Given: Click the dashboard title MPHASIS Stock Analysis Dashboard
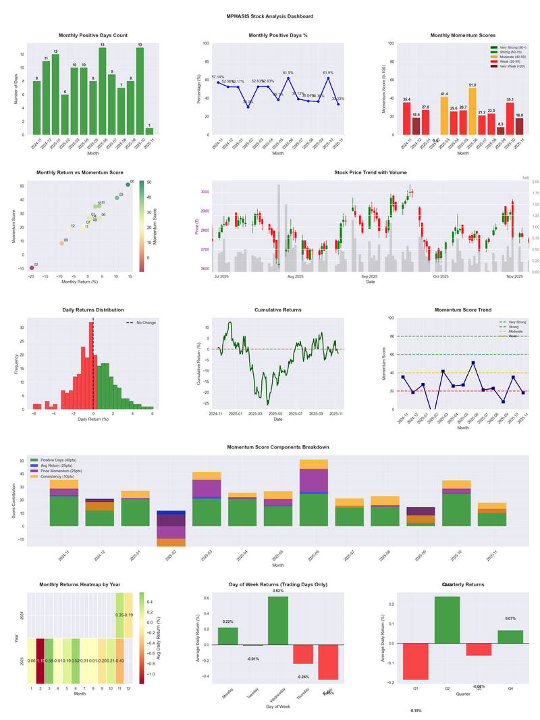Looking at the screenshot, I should point(270,16).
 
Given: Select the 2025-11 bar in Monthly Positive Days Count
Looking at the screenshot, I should point(149,131).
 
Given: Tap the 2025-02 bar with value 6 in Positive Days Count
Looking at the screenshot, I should point(64,114).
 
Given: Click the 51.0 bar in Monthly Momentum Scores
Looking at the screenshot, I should point(473,111).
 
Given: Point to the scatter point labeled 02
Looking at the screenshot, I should point(31,268).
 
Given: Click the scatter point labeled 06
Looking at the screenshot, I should point(128,184).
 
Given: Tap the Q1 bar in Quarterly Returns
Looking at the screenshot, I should point(416,662).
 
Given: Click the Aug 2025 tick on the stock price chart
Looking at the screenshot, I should point(295,276).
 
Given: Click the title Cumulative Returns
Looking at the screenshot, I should point(278,309).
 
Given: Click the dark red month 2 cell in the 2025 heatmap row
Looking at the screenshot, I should point(40,661).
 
